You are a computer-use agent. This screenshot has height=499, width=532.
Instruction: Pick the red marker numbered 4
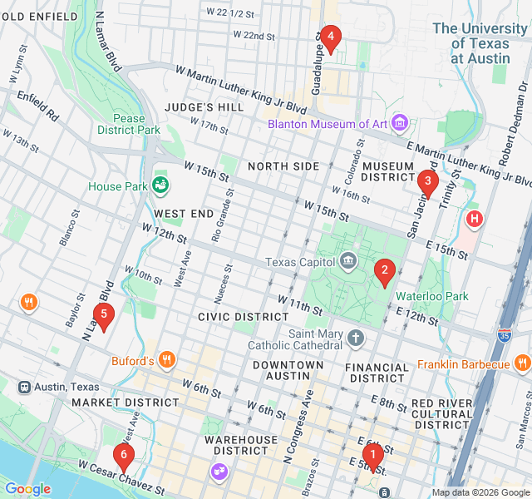[x=331, y=37]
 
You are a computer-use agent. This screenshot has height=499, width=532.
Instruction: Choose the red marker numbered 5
[x=103, y=314]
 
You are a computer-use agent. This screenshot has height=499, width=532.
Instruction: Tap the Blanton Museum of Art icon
[x=400, y=124]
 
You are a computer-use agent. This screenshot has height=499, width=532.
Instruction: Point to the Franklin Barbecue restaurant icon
[x=522, y=363]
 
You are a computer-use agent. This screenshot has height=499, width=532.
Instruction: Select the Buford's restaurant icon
[x=167, y=361]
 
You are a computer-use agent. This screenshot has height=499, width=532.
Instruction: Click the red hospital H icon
[x=475, y=220]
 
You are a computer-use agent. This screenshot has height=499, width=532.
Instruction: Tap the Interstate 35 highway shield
[x=505, y=335]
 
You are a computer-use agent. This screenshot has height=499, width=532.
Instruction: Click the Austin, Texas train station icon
[x=25, y=387]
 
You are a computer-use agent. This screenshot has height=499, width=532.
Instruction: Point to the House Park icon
[x=160, y=185]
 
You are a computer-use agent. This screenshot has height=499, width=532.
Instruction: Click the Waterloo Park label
[x=432, y=296]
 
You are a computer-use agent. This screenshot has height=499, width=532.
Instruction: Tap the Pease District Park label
[x=128, y=124]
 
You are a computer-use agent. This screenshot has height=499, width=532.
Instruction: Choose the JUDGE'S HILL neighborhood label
[x=204, y=107]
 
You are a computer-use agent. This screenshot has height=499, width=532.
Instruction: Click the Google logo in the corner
[x=27, y=489]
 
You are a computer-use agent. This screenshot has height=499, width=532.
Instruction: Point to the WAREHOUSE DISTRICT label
[x=241, y=445]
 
